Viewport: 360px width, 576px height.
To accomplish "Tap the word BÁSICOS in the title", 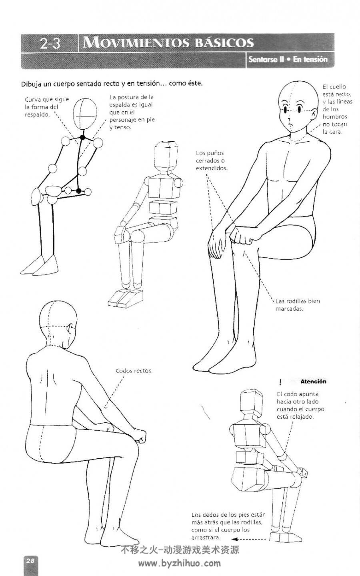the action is point(224,43).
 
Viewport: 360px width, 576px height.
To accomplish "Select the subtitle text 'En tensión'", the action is point(310,59).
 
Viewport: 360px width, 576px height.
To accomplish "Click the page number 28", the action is point(30,560).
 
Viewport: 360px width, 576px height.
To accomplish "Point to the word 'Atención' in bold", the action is point(313,381).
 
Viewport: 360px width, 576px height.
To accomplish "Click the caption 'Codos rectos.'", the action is point(134,371).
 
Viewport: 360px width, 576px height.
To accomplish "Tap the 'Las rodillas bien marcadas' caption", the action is point(298,305).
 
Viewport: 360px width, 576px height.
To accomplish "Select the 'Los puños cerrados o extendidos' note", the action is point(212,161).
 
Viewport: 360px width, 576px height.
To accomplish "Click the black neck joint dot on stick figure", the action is point(82,138).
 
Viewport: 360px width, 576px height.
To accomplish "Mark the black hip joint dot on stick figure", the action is point(79,191).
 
